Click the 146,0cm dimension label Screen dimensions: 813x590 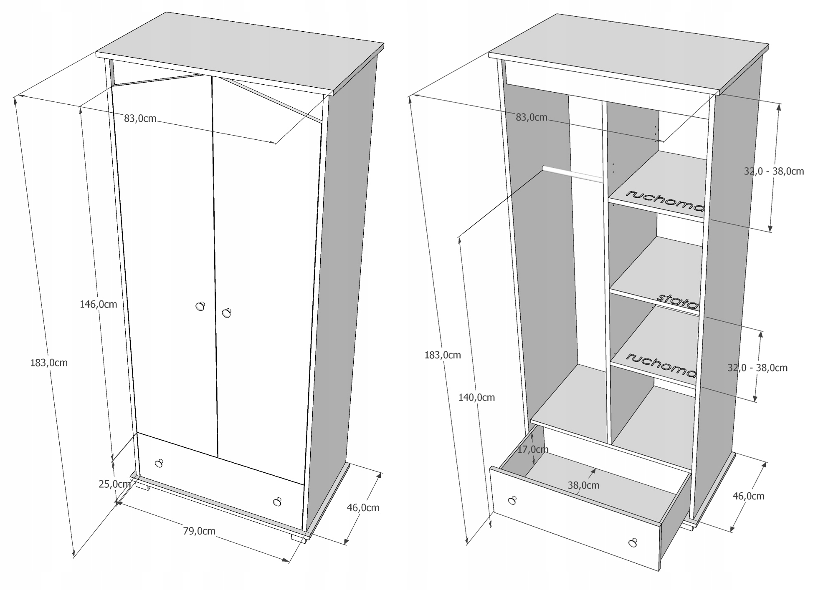pos(99,305)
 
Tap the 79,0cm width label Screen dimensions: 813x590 pos(199,531)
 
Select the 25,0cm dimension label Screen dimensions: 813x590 pos(114,484)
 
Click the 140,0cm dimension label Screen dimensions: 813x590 pos(476,398)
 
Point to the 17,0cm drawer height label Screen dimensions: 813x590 pos(533,449)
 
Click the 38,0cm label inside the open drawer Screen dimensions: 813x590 pos(583,485)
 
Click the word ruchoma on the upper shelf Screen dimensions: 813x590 pos(665,201)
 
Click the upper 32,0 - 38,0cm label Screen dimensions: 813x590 pos(774,171)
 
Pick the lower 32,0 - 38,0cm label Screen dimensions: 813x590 pos(757,368)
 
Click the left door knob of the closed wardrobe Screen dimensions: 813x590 pos(200,306)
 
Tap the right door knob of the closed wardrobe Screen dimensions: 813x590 pos(226,313)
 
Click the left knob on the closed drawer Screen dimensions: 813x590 pos(159,463)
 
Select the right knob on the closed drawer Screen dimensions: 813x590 pos(277,502)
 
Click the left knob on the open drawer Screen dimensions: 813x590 pos(512,500)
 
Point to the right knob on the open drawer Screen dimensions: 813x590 pos(633,543)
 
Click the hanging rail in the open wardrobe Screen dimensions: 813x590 pos(572,174)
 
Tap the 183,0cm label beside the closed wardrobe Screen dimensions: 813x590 pos(49,363)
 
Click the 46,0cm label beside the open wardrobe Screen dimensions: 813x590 pos(749,496)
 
